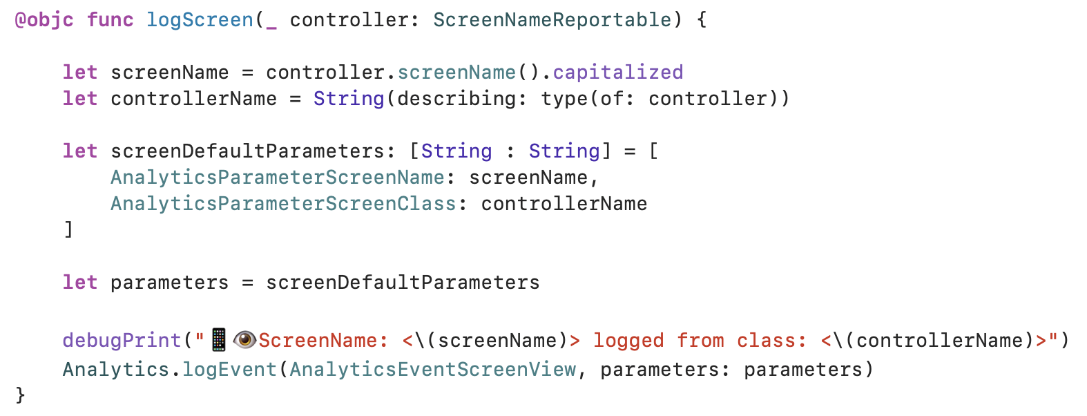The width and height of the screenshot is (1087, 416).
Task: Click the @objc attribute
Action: pos(44,20)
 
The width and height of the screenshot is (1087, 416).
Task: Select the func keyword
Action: pos(110,20)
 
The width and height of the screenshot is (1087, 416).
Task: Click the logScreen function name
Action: pos(200,20)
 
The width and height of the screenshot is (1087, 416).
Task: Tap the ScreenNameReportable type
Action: pos(552,20)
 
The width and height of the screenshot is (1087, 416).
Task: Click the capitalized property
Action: pos(617,73)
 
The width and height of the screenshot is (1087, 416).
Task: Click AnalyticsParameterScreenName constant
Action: pos(278,178)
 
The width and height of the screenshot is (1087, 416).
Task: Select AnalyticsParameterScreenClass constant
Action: pos(283,204)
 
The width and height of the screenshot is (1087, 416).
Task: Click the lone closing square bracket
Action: pos(68,229)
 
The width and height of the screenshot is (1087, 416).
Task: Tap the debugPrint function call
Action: pos(122,341)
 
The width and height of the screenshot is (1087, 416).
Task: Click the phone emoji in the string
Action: pos(219,340)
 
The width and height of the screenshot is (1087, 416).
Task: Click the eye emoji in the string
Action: pos(244,340)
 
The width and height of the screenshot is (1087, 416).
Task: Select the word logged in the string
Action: pos(628,341)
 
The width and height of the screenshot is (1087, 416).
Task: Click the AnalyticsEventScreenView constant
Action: pos(432,370)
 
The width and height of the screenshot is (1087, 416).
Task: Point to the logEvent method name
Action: pos(229,370)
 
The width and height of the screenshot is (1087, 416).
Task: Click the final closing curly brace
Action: pos(20,395)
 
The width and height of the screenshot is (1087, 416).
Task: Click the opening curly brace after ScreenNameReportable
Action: pos(702,20)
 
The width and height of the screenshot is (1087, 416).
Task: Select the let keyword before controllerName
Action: pos(80,99)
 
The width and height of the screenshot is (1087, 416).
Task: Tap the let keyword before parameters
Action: pos(80,283)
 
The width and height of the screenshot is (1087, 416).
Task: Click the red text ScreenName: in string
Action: pos(318,341)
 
